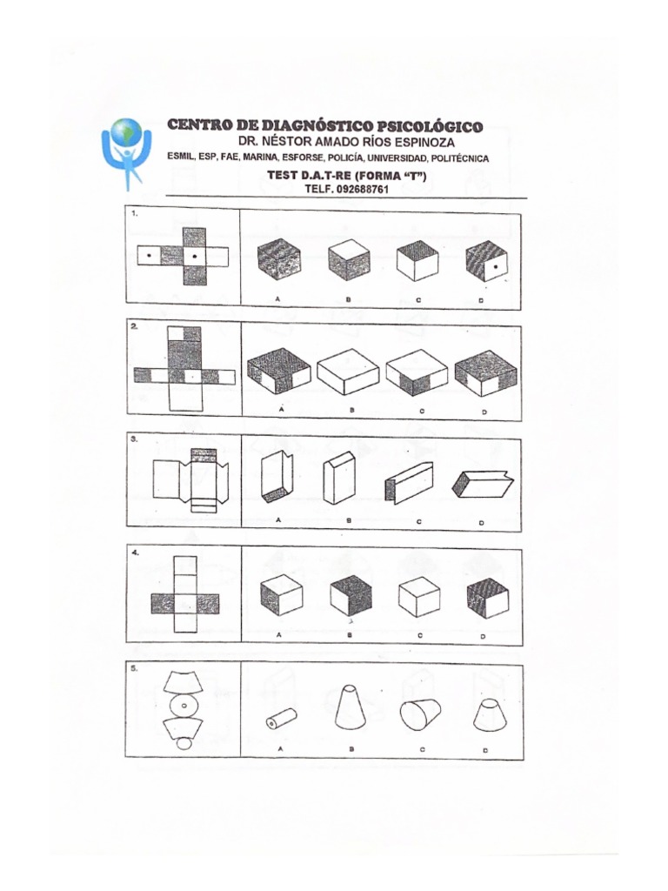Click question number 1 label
pyautogui.click(x=134, y=211)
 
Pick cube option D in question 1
pyautogui.click(x=486, y=260)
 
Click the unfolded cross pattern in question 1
pyautogui.click(x=184, y=257)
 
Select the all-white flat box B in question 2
pyautogui.click(x=348, y=372)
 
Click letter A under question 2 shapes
pyautogui.click(x=280, y=407)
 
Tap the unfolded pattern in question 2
pyautogui.click(x=184, y=369)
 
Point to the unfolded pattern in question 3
pyautogui.click(x=190, y=479)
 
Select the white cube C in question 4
pyautogui.click(x=419, y=598)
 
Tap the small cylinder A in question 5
pyautogui.click(x=281, y=719)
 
